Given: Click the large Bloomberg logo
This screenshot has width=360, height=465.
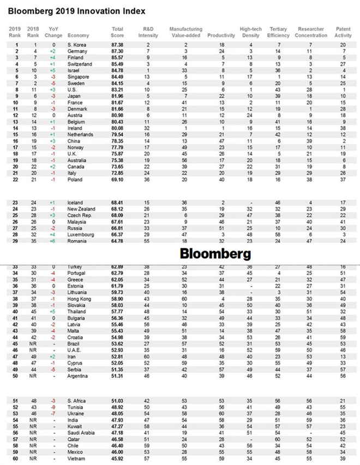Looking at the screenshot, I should [x=215, y=254].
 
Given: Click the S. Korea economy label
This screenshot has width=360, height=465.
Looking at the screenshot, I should [x=77, y=44].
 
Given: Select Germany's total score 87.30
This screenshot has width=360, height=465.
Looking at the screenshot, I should [x=117, y=50].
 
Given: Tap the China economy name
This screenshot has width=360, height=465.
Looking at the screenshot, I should [x=74, y=140].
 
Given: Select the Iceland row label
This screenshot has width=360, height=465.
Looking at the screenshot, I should [x=75, y=202].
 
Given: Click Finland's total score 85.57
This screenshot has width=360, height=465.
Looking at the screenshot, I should [x=117, y=57].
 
